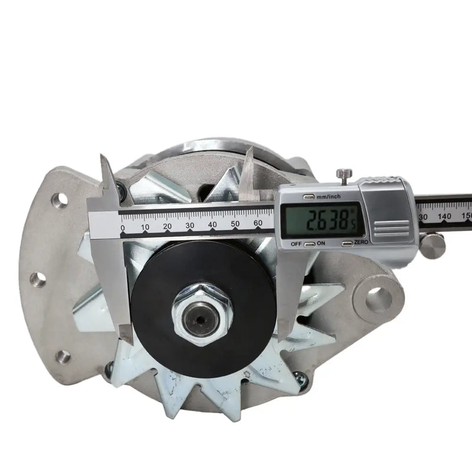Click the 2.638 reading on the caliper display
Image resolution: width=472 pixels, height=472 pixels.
tap(323, 222)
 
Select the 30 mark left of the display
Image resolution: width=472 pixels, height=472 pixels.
tap(190, 225)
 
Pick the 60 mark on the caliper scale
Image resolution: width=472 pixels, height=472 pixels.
tap(257, 223)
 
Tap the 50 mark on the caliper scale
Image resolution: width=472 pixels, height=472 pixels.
tap(235, 224)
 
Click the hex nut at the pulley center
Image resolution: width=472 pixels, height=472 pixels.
tap(202, 309)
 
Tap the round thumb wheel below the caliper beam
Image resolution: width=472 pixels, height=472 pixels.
tap(434, 242)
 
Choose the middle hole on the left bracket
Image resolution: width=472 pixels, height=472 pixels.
tap(38, 280)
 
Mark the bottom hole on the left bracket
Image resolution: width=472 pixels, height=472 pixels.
tap(63, 356)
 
